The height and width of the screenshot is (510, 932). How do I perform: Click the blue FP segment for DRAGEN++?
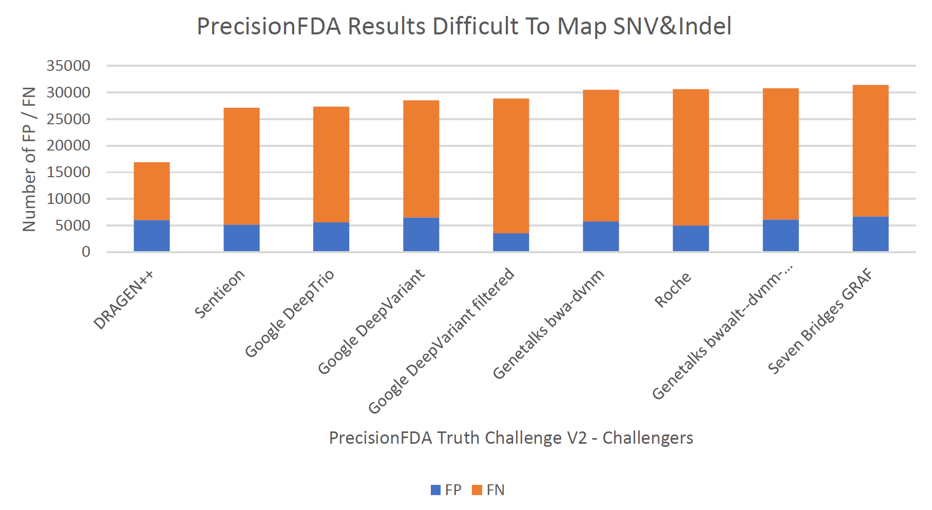pos(151,236)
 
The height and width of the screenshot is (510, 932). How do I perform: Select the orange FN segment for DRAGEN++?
pos(151,191)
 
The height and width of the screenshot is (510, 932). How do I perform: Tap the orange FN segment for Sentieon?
pos(241,166)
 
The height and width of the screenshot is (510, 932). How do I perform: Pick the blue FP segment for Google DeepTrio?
pos(331,237)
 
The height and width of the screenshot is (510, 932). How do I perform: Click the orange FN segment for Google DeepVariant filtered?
pos(511,166)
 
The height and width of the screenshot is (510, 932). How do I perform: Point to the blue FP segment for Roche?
pos(691,239)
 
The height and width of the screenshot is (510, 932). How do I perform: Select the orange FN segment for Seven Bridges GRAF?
pos(870,151)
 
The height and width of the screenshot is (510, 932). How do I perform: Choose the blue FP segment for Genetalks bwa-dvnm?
pos(601,237)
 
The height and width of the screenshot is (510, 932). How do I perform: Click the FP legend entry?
pos(446,490)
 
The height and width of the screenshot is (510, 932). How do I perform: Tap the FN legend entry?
pos(488,490)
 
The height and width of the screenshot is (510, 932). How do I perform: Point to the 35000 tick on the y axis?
pos(68,66)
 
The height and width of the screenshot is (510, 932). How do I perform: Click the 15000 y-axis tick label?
pos(68,172)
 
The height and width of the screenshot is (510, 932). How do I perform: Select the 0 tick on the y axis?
pos(86,252)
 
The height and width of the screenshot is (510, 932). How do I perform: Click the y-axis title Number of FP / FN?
pos(29,159)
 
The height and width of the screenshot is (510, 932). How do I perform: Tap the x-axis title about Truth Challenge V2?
pos(511,438)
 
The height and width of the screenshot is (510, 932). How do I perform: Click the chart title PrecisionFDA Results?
pos(464,27)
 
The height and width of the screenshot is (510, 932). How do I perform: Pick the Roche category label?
pos(673,290)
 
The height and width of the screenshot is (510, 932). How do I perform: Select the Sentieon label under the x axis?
pos(220,293)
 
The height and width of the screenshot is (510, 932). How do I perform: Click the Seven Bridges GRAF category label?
pos(820,321)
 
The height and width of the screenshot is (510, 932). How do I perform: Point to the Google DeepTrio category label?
pos(290,313)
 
